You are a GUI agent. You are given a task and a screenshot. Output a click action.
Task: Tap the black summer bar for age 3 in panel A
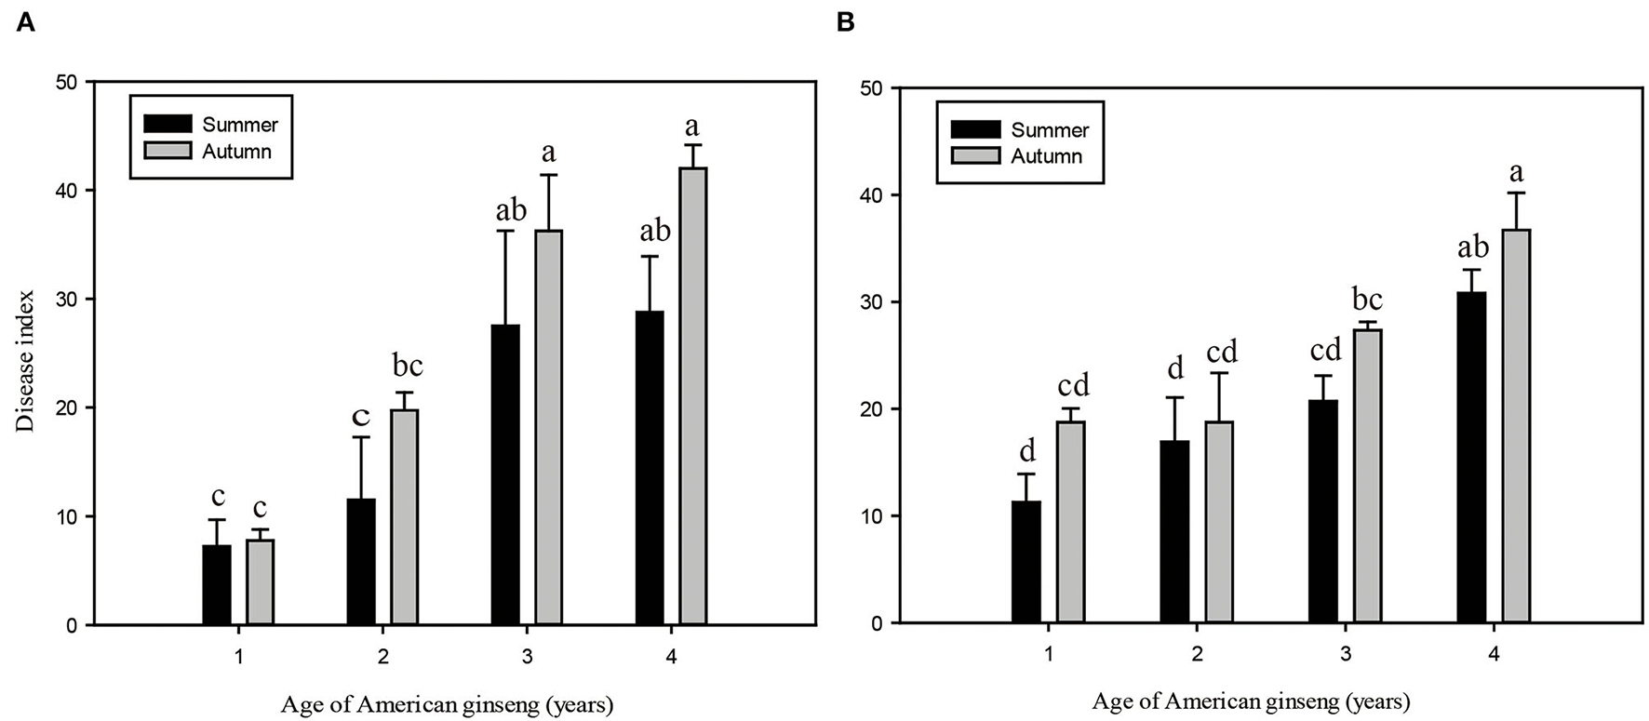coord(504,474)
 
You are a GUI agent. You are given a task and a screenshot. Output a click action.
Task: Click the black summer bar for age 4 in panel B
coord(1471,457)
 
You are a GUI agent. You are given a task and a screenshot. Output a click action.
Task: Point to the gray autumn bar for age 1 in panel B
coord(1071,522)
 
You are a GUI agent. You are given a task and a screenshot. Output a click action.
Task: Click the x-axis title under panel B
coord(1251,701)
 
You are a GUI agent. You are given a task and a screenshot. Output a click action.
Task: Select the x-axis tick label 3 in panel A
coord(527,658)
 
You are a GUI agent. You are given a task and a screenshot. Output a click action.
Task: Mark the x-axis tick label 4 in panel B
coord(1494,654)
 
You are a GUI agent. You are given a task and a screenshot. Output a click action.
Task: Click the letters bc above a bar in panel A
coord(403,367)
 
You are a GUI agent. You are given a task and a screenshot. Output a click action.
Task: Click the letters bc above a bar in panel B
coord(1366,300)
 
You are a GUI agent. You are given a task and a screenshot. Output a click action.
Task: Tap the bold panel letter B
coord(845,22)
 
